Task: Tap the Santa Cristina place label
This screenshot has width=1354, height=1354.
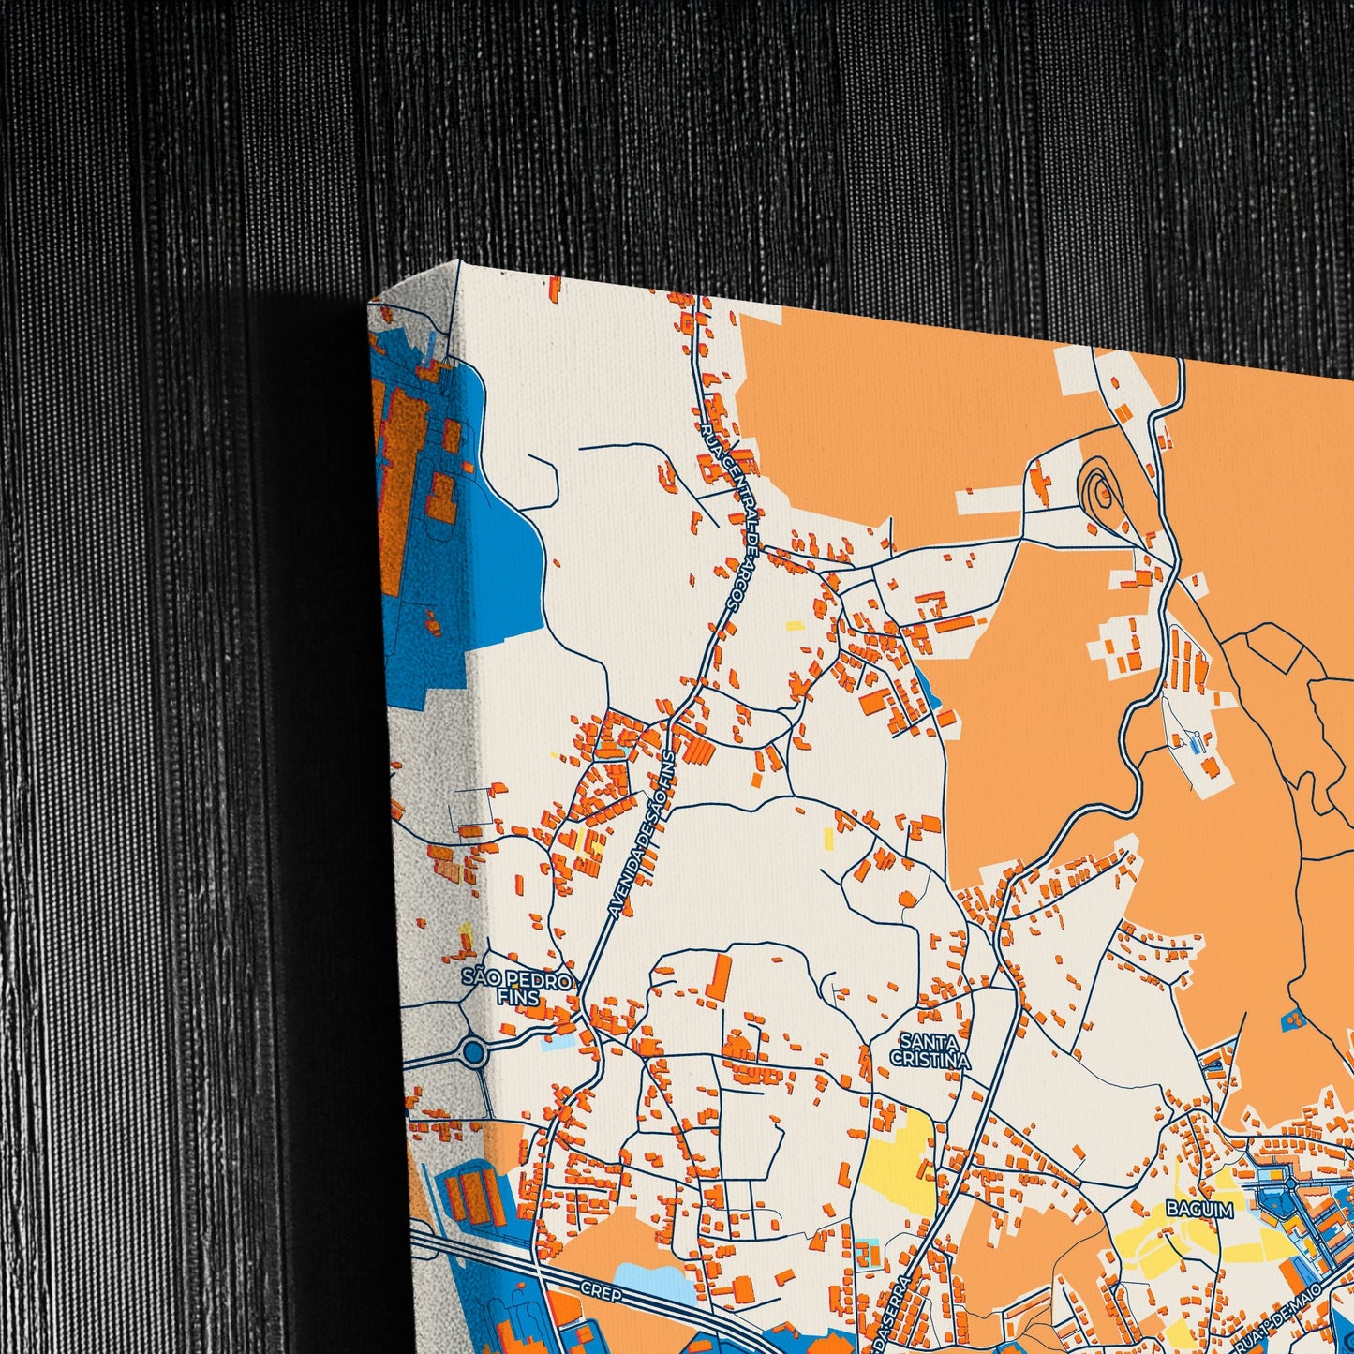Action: pos(930,1049)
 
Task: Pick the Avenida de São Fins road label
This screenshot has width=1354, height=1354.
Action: pos(642,834)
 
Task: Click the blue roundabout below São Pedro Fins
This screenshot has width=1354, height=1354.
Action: pos(475,1053)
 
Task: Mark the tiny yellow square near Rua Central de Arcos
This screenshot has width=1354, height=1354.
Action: pos(794,626)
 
